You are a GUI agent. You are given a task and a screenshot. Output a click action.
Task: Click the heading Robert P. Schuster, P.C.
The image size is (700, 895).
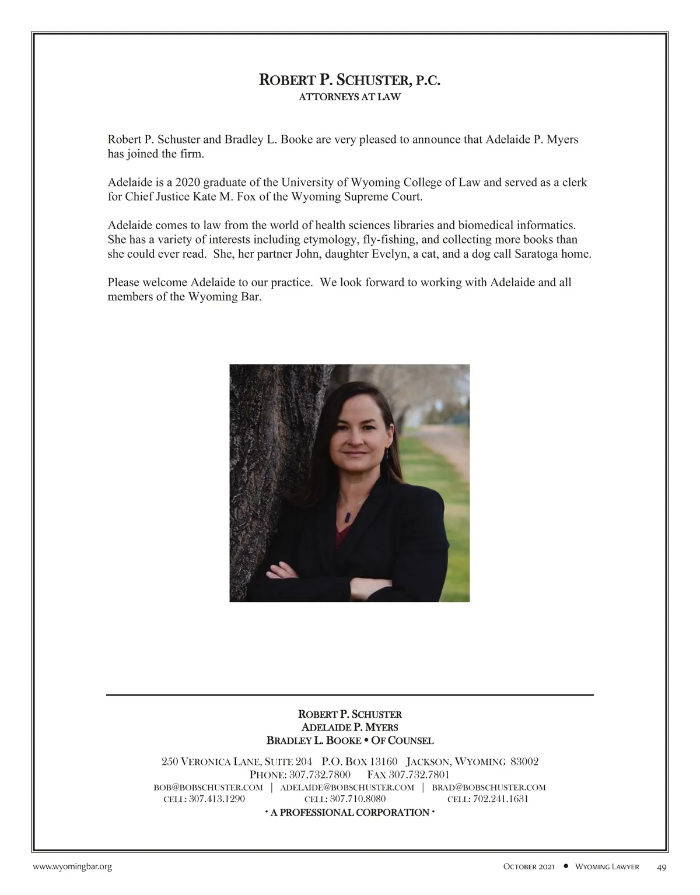pyautogui.click(x=349, y=80)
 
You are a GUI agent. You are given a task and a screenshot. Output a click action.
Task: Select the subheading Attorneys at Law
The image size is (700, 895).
pyautogui.click(x=349, y=97)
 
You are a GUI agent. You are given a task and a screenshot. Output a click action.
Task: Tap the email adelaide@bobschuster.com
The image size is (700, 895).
pyautogui.click(x=347, y=787)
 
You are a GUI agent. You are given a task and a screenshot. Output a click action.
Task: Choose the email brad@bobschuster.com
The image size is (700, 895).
pyautogui.click(x=488, y=787)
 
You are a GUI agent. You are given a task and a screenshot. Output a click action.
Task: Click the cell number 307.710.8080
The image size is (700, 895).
pyautogui.click(x=358, y=799)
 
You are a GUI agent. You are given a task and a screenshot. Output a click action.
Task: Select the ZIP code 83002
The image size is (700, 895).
pyautogui.click(x=524, y=761)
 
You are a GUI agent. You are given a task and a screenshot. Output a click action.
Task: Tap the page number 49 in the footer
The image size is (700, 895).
pyautogui.click(x=661, y=867)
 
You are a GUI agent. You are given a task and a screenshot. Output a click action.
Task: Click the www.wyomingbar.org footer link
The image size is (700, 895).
pyautogui.click(x=72, y=867)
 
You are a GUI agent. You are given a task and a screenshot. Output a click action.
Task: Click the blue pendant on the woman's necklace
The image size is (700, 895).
pyautogui.click(x=349, y=517)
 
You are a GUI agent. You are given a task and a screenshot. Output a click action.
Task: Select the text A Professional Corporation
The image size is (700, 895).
pyautogui.click(x=349, y=812)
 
